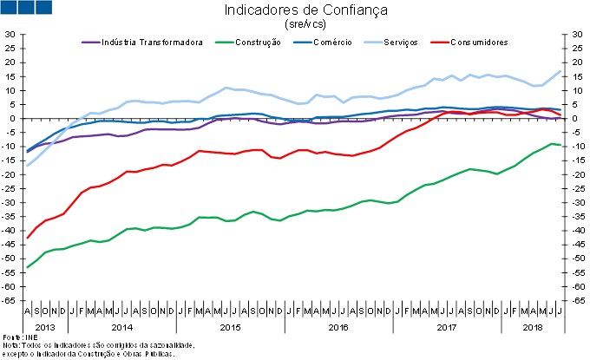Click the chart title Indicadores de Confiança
[293, 10]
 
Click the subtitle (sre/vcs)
[293, 24]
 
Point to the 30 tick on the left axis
[11, 35]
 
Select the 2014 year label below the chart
[121, 327]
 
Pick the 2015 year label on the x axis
[229, 327]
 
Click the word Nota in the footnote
[10, 344]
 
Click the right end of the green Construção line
[560, 145]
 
